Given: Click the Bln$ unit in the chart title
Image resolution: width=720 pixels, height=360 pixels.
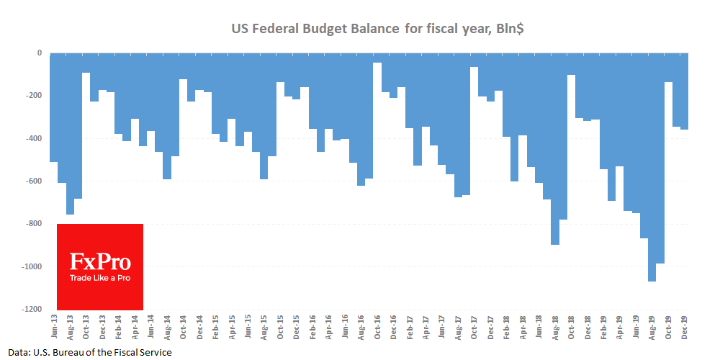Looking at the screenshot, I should pos(513,30).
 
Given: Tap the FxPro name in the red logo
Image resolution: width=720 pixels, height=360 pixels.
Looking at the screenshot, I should pos(99,262).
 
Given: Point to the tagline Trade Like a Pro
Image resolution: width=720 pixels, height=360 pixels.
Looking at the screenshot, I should pos(100,278).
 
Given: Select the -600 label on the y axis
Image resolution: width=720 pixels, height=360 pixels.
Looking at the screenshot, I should pos(33,181).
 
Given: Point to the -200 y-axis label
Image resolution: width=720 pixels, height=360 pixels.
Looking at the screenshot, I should pos(33,96).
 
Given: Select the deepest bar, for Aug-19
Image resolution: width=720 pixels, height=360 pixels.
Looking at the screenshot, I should pos(652,166).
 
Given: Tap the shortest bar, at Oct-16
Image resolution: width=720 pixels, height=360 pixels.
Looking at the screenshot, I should pos(377,58).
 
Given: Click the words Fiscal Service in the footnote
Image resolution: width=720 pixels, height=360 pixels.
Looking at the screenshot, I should pos(145,352).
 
